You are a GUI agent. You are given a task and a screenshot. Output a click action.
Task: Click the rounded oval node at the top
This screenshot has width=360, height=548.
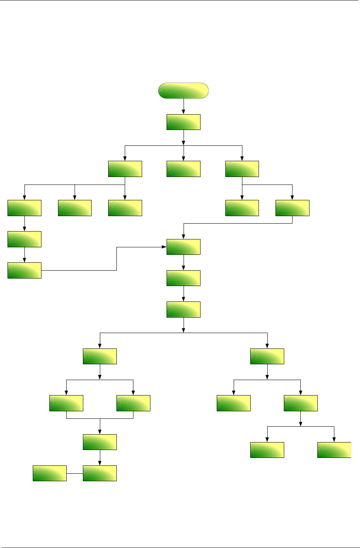tap(183, 90)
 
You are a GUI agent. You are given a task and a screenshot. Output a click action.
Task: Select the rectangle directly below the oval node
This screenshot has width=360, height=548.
tap(183, 122)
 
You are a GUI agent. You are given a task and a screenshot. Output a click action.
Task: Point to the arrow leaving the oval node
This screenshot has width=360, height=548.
tap(184, 106)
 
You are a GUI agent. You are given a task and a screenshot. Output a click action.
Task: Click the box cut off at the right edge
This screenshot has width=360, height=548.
tap(334, 450)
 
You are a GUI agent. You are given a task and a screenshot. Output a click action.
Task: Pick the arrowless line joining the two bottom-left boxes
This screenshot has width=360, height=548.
tap(75, 473)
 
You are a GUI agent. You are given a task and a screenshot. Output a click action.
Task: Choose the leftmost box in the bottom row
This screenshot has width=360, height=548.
tap(50, 473)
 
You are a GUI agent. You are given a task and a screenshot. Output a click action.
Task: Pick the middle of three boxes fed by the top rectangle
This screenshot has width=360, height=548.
tap(183, 169)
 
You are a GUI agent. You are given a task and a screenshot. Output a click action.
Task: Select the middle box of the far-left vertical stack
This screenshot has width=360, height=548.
tap(24, 239)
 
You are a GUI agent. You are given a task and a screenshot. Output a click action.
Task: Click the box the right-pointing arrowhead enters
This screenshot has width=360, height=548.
tap(183, 247)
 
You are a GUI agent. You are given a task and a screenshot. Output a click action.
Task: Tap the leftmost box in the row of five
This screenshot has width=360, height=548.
tap(24, 208)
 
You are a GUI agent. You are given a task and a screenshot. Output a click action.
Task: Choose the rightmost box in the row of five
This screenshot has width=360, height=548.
tap(292, 208)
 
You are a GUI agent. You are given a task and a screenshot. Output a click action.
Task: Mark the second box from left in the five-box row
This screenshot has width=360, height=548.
tap(75, 208)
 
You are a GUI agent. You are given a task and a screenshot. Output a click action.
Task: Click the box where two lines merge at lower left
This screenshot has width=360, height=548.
tap(100, 442)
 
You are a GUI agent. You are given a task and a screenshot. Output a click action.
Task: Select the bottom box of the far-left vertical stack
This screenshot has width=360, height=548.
tap(24, 270)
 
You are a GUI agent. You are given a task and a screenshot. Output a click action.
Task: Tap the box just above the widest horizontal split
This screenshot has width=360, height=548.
tap(183, 309)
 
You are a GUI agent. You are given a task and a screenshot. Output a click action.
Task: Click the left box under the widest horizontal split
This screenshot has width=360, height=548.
tap(100, 356)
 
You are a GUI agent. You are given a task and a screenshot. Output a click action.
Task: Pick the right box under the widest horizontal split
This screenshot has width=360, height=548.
tap(267, 356)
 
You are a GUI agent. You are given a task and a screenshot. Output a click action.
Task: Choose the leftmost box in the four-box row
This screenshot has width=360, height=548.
tap(66, 403)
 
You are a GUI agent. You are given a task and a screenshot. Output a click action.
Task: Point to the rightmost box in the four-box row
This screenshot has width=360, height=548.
tap(301, 403)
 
